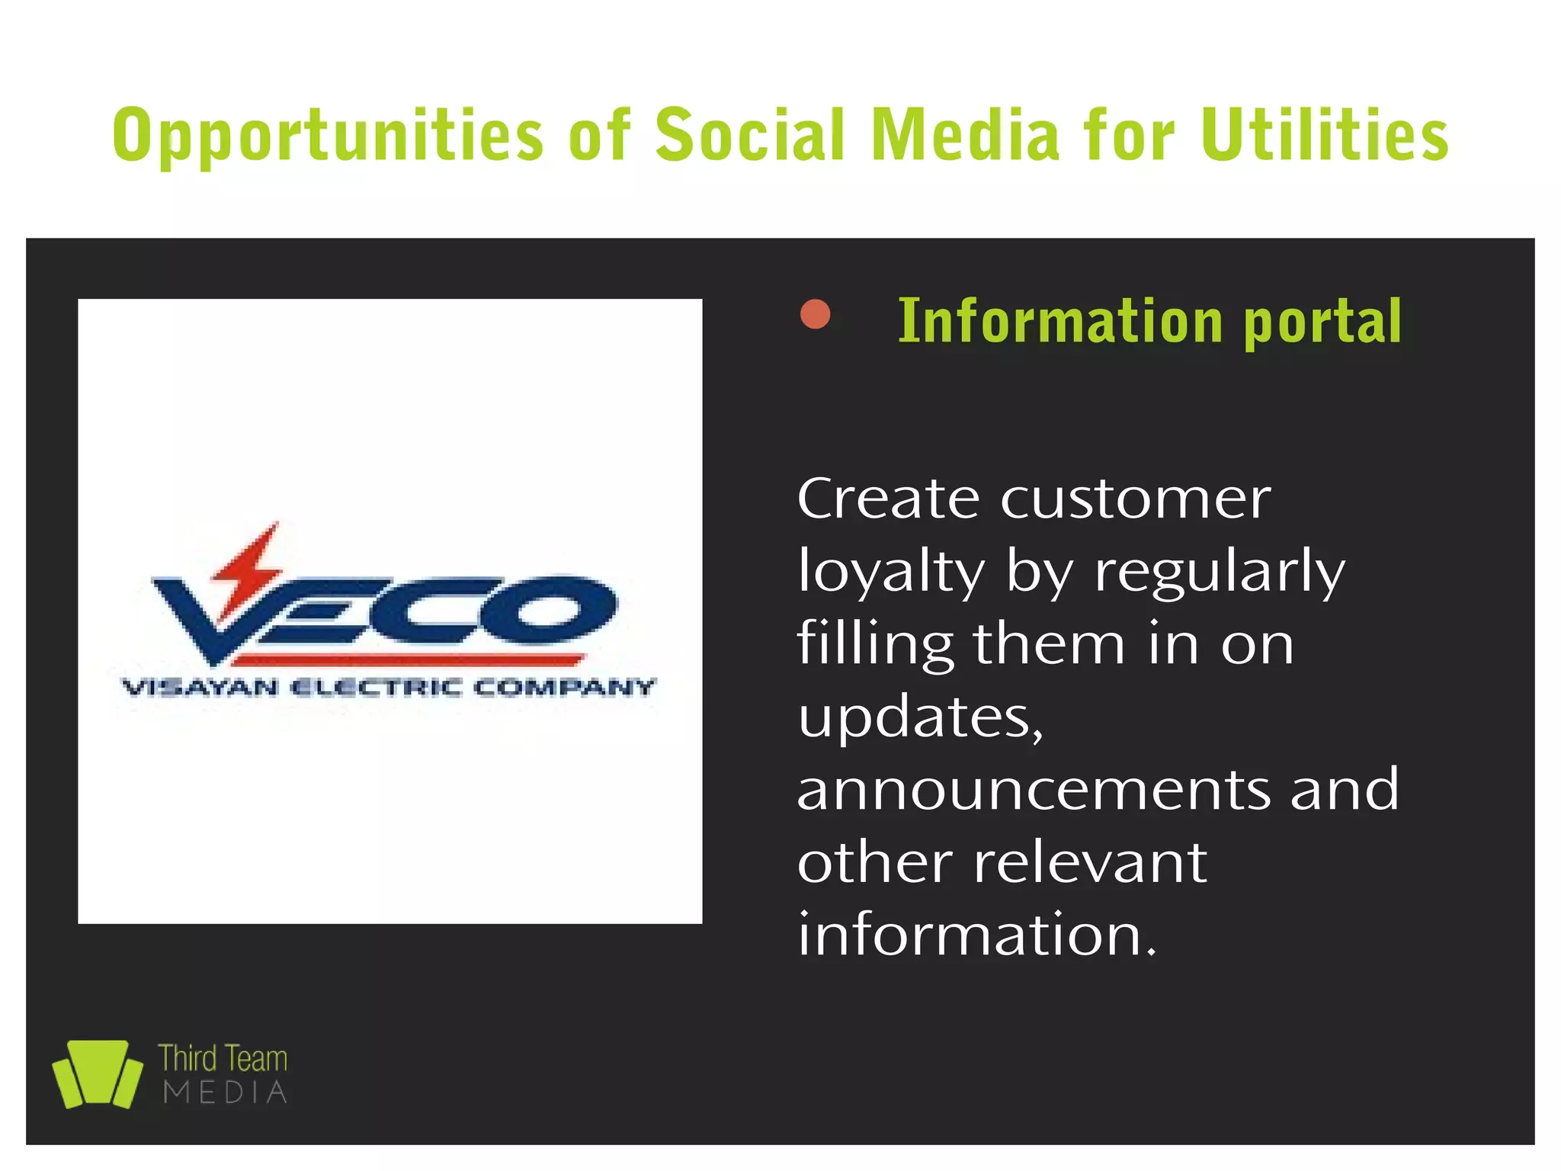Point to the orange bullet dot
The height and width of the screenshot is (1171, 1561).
click(x=815, y=314)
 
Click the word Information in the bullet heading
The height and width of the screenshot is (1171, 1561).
click(x=1060, y=321)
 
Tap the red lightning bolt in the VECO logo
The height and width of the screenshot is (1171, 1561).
click(x=248, y=564)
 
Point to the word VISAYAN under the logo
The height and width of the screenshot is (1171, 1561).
click(x=200, y=688)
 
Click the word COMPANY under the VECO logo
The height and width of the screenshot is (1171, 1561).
click(x=564, y=688)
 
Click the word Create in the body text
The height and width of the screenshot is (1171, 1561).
click(x=888, y=499)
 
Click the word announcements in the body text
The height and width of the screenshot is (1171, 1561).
click(x=1033, y=790)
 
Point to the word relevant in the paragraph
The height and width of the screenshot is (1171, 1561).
click(x=1090, y=862)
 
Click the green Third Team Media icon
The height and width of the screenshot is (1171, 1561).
click(x=97, y=1073)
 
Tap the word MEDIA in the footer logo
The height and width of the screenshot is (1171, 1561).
click(x=225, y=1092)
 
